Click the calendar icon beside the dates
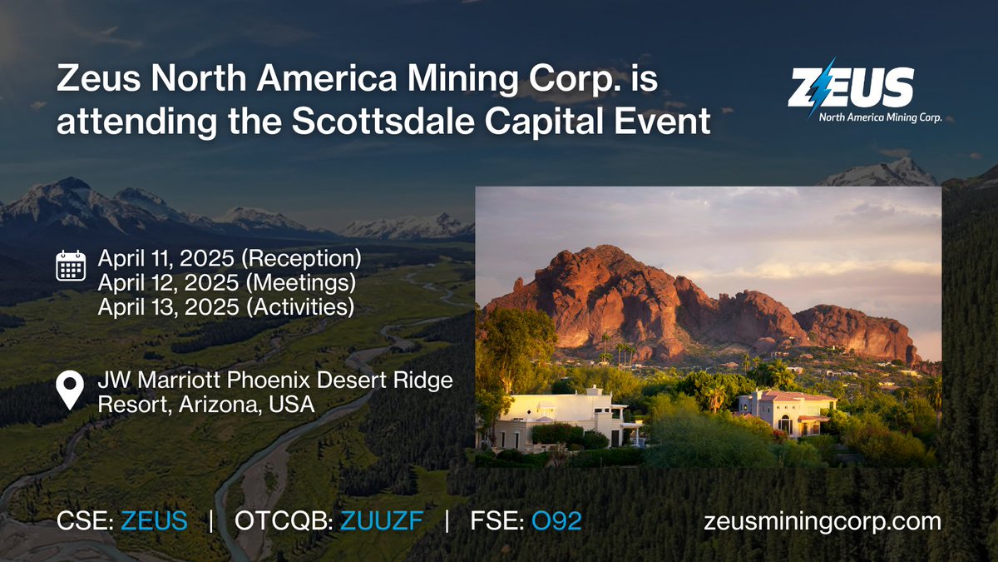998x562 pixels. (71, 266)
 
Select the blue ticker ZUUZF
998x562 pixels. (383, 522)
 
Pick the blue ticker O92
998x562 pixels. (556, 522)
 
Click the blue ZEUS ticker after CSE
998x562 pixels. (154, 522)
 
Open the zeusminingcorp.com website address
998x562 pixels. (823, 522)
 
